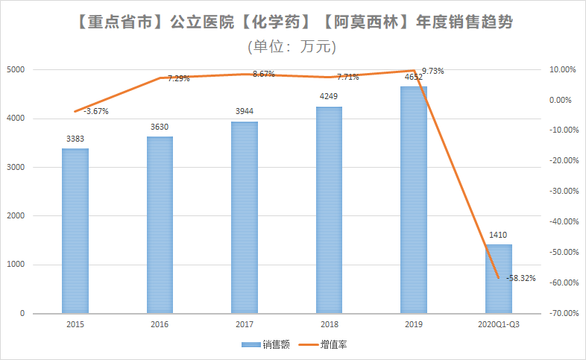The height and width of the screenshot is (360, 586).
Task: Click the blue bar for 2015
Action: click(75, 231)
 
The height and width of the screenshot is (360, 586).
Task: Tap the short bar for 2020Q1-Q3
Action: click(499, 279)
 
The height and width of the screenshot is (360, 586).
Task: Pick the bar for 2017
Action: click(245, 217)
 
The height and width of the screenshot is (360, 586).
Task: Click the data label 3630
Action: click(160, 127)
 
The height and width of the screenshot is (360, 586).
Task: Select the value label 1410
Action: click(498, 235)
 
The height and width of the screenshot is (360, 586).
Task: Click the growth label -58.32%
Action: click(521, 278)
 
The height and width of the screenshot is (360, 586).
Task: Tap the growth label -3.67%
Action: click(95, 112)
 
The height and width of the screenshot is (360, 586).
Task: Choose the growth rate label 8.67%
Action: click(264, 74)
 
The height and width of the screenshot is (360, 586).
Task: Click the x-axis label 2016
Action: click(160, 325)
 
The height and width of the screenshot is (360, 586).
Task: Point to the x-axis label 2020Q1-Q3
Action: click(498, 325)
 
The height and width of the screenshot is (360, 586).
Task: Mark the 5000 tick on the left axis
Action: click(16, 69)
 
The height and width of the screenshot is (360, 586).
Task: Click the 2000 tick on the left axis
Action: click(16, 216)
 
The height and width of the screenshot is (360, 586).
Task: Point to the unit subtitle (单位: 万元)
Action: click(292, 46)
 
